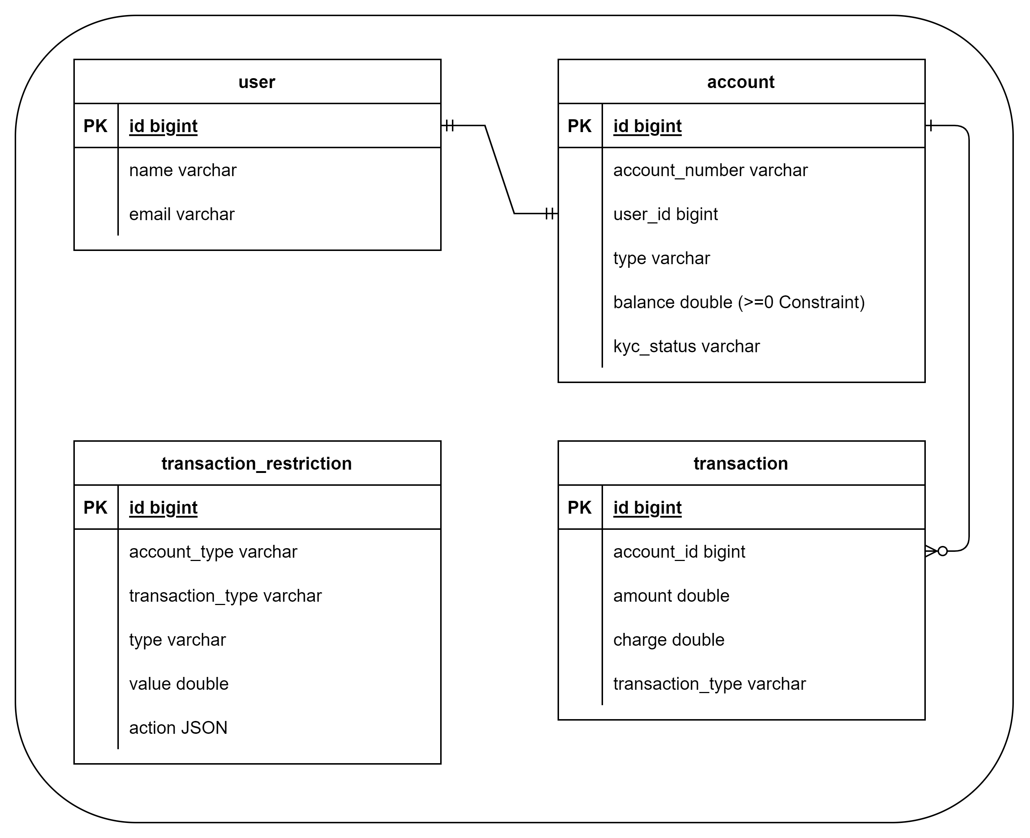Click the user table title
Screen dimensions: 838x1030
256,82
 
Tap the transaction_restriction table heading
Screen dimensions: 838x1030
256,463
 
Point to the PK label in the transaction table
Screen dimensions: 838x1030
579,507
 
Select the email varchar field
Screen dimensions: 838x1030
182,214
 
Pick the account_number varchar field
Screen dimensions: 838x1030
710,170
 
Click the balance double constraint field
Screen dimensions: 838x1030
738,302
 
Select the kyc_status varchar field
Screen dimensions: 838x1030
686,346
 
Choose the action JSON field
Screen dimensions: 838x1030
178,728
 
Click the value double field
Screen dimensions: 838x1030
179,684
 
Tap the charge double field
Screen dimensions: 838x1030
668,640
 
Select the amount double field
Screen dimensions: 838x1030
671,596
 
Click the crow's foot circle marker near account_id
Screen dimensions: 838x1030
942,551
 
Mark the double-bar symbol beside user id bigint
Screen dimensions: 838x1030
449,125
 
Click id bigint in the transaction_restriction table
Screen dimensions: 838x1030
163,507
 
